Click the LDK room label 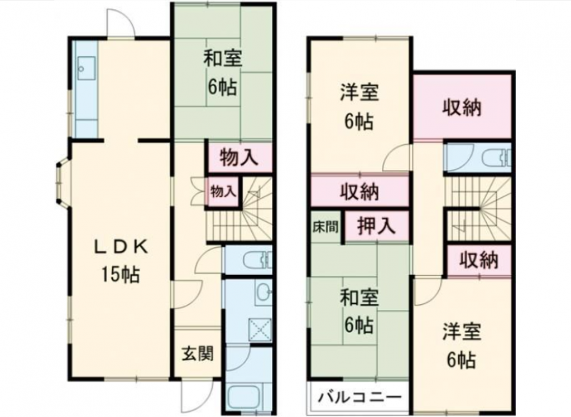[121, 248]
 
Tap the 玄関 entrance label [198, 353]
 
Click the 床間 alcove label [325, 227]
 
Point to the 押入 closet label [376, 226]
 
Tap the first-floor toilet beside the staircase [257, 260]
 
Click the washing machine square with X [260, 330]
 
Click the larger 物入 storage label [239, 158]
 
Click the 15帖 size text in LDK [121, 275]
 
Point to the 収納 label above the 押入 [360, 192]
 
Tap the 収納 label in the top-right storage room [462, 108]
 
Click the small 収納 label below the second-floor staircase [478, 261]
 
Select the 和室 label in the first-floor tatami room [223, 59]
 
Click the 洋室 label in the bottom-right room [462, 332]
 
